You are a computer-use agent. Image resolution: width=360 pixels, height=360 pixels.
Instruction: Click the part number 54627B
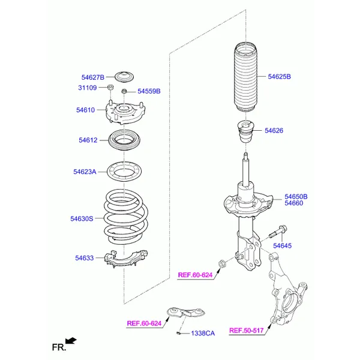93,77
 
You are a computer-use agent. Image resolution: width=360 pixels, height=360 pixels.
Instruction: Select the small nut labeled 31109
110,87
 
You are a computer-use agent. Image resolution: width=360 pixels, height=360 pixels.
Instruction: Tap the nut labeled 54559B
124,91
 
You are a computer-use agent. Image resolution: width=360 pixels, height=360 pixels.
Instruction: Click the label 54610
85,110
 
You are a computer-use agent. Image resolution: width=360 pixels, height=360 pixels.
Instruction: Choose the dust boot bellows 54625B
245,77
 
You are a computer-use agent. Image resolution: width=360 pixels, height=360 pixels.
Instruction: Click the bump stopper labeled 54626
245,132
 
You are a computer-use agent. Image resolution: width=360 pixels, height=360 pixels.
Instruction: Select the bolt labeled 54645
278,232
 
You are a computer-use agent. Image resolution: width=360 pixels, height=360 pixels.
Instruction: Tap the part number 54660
293,203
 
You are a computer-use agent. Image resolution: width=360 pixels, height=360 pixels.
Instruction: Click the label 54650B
296,197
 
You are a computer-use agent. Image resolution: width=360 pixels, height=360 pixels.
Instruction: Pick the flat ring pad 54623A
124,171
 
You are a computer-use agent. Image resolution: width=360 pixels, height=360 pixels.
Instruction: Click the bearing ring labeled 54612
124,140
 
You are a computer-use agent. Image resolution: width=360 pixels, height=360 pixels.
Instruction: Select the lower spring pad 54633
126,258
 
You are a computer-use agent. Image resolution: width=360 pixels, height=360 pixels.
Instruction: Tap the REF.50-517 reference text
247,331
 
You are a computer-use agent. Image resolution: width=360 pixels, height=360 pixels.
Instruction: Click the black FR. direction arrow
71,341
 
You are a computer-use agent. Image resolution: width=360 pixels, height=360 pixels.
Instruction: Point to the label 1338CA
203,334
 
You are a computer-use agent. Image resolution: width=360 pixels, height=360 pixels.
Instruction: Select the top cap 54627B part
124,77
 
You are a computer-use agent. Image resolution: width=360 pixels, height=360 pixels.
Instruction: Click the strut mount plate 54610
125,113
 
